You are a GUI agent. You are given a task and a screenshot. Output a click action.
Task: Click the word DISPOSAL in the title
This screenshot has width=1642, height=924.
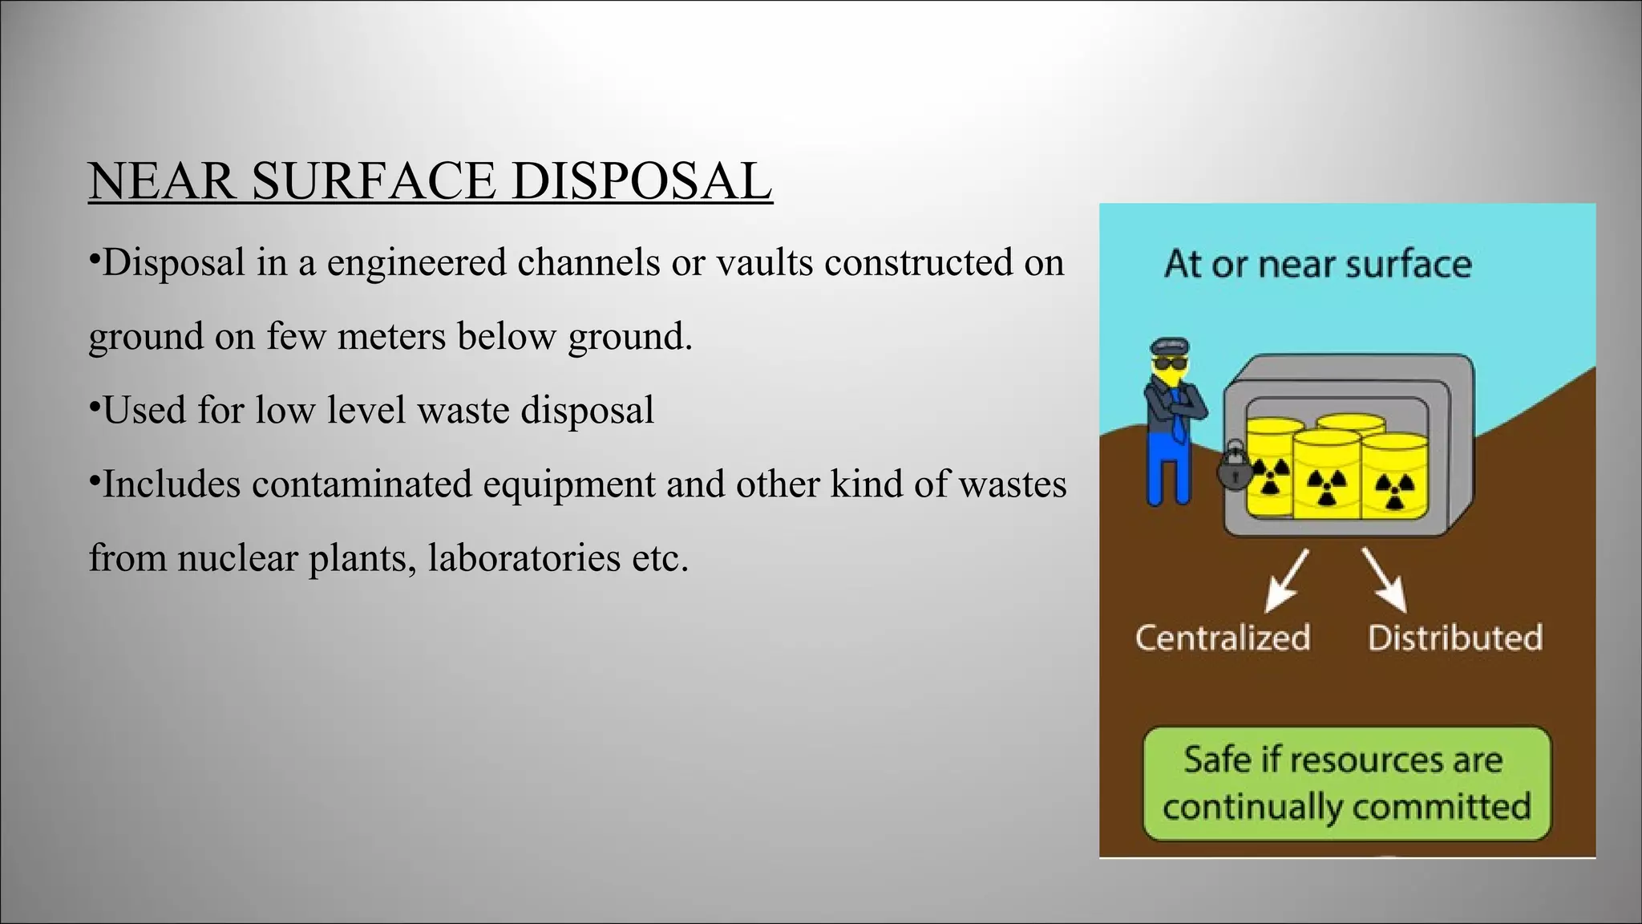click(641, 181)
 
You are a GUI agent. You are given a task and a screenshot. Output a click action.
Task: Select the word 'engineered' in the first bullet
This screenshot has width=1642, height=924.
click(416, 262)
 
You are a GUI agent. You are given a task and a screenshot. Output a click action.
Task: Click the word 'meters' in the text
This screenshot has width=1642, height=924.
click(390, 336)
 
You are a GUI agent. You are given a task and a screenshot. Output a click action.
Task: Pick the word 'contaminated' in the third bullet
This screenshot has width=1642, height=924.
click(362, 484)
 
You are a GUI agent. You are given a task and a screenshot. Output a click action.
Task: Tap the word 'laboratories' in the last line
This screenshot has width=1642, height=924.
click(524, 557)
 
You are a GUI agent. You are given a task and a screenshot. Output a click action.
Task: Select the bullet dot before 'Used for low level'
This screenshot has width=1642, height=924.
click(94, 403)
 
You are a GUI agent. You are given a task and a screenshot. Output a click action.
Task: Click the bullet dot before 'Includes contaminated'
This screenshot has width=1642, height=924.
click(94, 477)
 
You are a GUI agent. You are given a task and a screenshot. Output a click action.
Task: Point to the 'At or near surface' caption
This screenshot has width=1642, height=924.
click(1317, 264)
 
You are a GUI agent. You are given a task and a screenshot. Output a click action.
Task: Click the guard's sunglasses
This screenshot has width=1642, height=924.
click(1170, 365)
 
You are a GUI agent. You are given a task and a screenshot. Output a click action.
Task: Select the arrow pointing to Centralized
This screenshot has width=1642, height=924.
click(1285, 581)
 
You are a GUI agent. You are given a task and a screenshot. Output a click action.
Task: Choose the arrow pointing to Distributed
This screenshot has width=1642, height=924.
click(1385, 581)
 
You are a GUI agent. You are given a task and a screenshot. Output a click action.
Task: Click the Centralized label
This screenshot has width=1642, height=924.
click(1223, 638)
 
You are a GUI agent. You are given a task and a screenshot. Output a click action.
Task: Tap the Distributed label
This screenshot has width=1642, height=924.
click(1454, 638)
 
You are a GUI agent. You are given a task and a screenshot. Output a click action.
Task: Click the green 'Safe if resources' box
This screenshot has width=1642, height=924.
click(1347, 783)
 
